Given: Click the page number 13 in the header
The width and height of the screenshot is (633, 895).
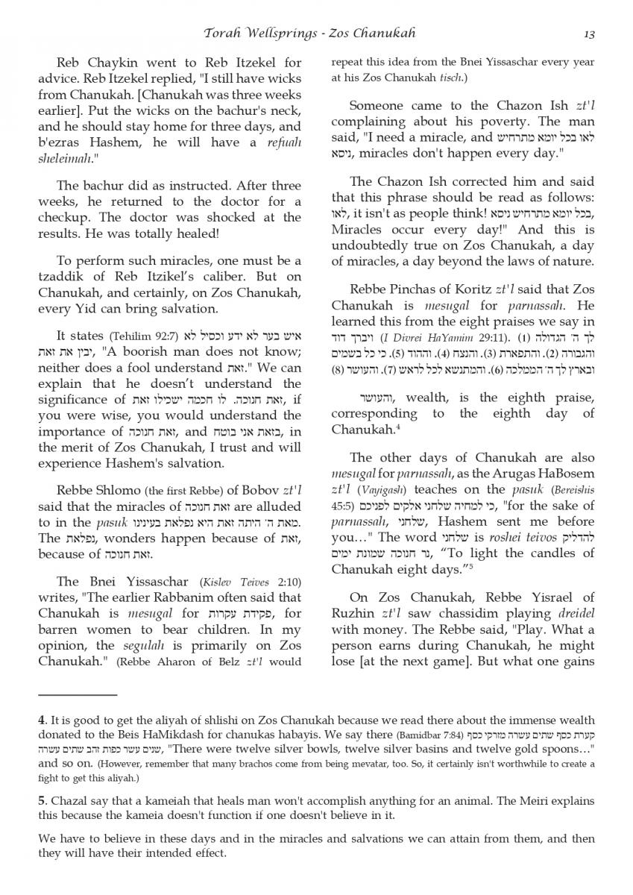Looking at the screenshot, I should click(x=589, y=34).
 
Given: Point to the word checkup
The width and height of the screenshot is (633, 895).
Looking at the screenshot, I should click(x=63, y=217).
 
